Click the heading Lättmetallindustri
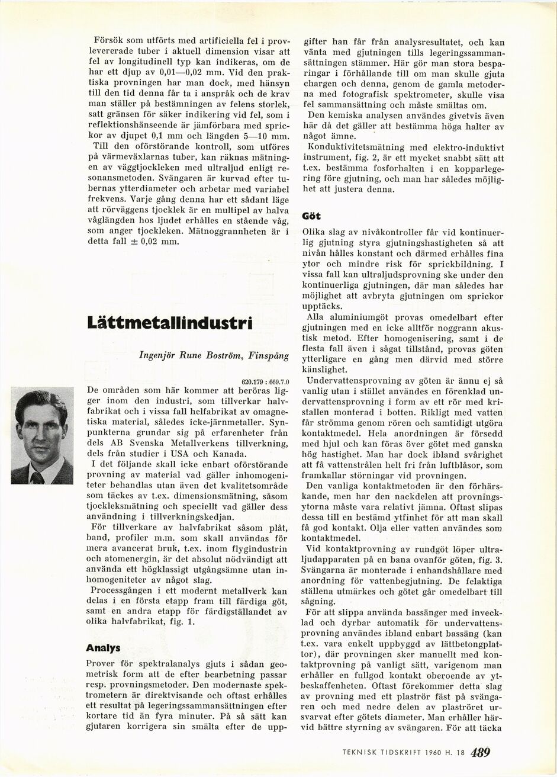click(x=169, y=323)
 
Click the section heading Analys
click(x=104, y=648)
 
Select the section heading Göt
click(x=311, y=216)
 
